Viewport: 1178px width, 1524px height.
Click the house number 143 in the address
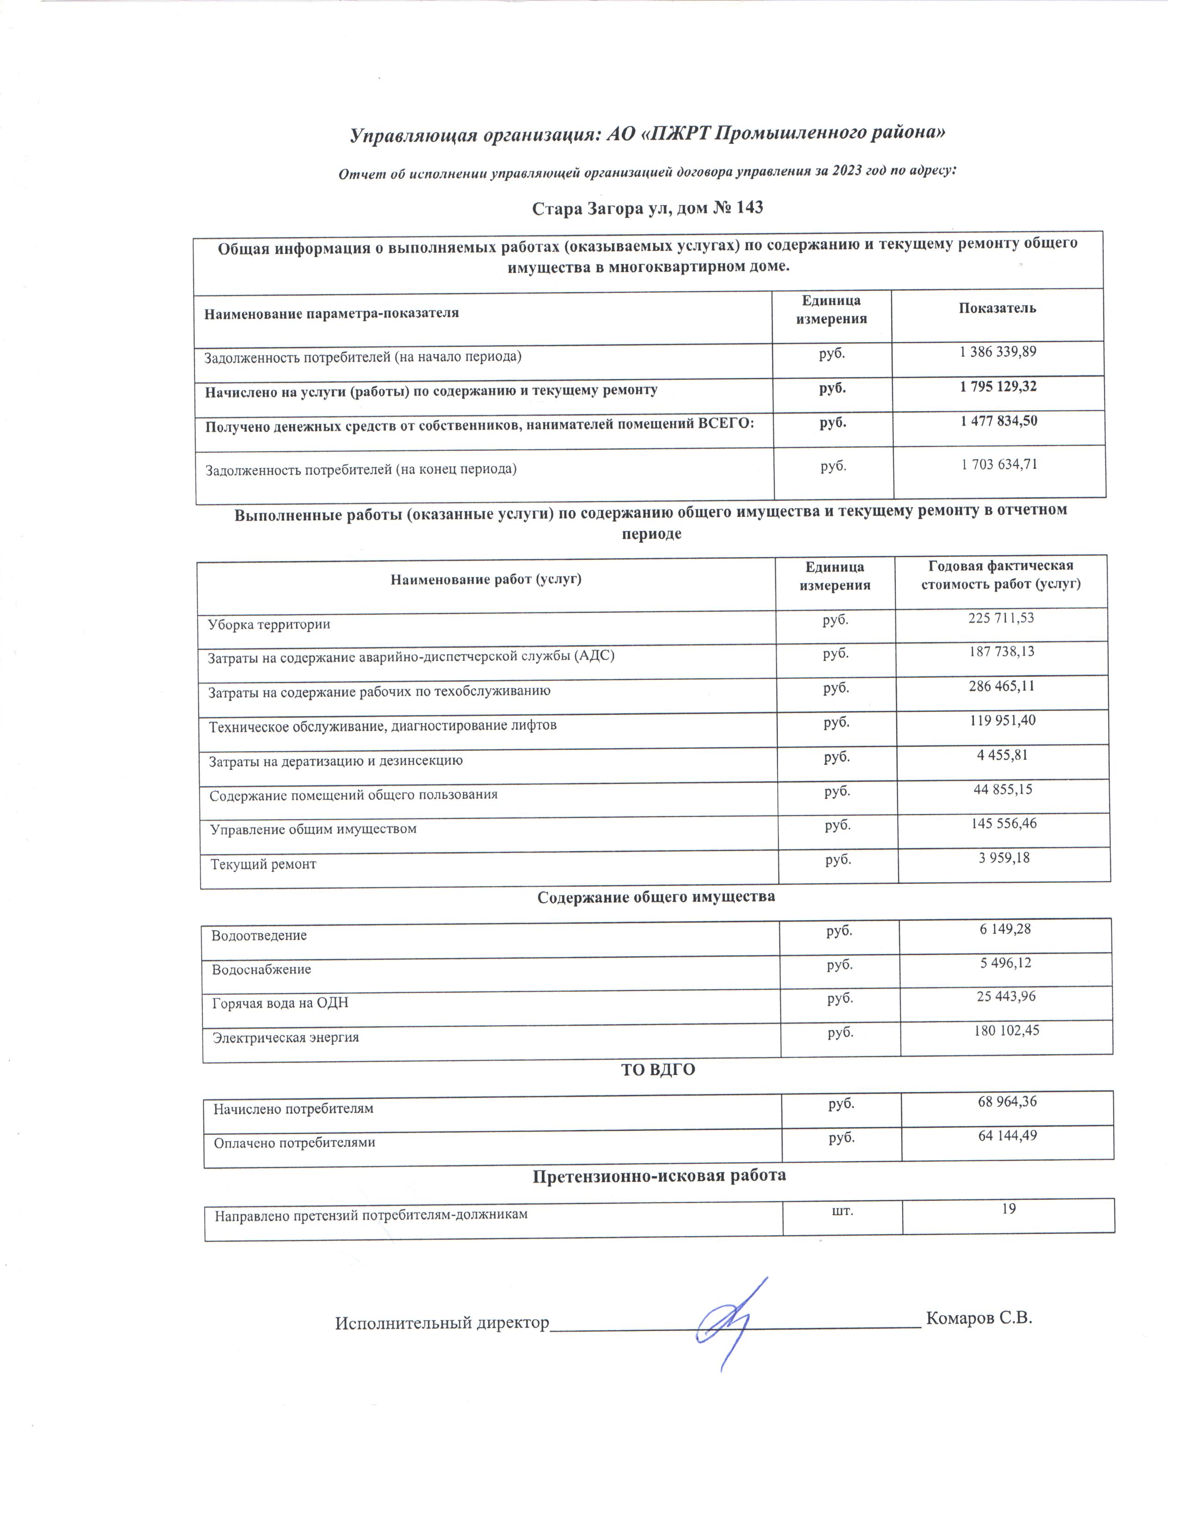tap(747, 208)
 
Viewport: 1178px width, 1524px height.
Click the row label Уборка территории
tap(269, 624)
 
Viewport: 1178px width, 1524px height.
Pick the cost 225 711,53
tap(1001, 617)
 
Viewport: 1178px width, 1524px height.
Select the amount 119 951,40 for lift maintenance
tap(1002, 720)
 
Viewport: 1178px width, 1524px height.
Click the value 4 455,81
tap(1002, 755)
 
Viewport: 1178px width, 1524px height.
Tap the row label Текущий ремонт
tap(263, 865)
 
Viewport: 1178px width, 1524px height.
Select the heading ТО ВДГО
tap(658, 1070)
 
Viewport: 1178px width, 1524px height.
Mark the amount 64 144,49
tap(1007, 1135)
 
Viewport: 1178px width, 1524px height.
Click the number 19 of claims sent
tap(1008, 1209)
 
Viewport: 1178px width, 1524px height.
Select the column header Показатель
tap(997, 308)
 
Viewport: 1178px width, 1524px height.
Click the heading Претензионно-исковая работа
tap(660, 1176)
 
